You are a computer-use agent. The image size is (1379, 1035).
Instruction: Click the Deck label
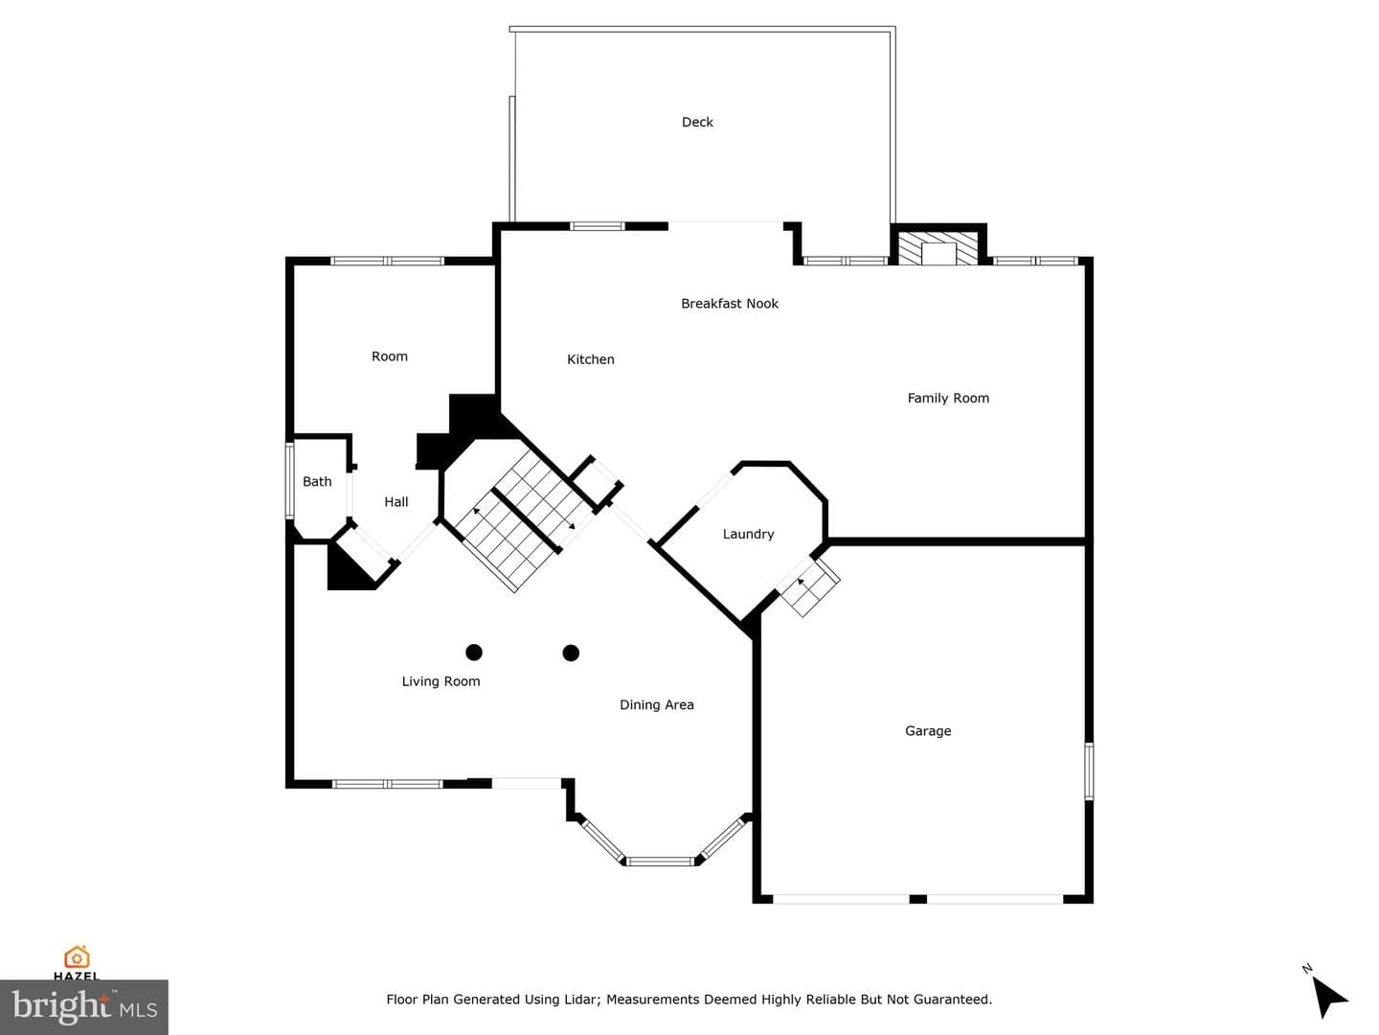(697, 122)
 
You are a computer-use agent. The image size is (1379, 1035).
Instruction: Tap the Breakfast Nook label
(730, 304)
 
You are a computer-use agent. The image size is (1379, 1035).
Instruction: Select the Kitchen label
(591, 359)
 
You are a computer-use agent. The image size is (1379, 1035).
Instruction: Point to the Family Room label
(948, 398)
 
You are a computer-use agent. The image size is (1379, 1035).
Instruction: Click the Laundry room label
(748, 534)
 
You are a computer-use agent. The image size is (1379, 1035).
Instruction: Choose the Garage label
(928, 731)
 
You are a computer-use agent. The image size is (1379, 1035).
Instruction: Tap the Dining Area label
(657, 705)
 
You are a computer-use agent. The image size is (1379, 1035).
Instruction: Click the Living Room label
(441, 681)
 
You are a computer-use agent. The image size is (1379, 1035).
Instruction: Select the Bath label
(317, 481)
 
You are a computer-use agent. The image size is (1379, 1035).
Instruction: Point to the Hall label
(396, 501)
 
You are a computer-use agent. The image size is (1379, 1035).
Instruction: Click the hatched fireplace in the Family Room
(938, 248)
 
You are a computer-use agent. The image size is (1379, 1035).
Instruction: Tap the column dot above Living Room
(474, 653)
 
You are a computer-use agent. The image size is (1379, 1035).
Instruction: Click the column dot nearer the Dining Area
(571, 654)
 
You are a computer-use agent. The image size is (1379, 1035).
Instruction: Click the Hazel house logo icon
(77, 957)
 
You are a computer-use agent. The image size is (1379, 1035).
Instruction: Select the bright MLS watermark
(83, 1006)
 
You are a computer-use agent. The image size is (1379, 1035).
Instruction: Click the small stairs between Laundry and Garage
(808, 586)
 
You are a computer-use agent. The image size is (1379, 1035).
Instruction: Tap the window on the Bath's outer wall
(289, 481)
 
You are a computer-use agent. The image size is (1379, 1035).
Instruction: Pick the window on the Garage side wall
(1089, 771)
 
